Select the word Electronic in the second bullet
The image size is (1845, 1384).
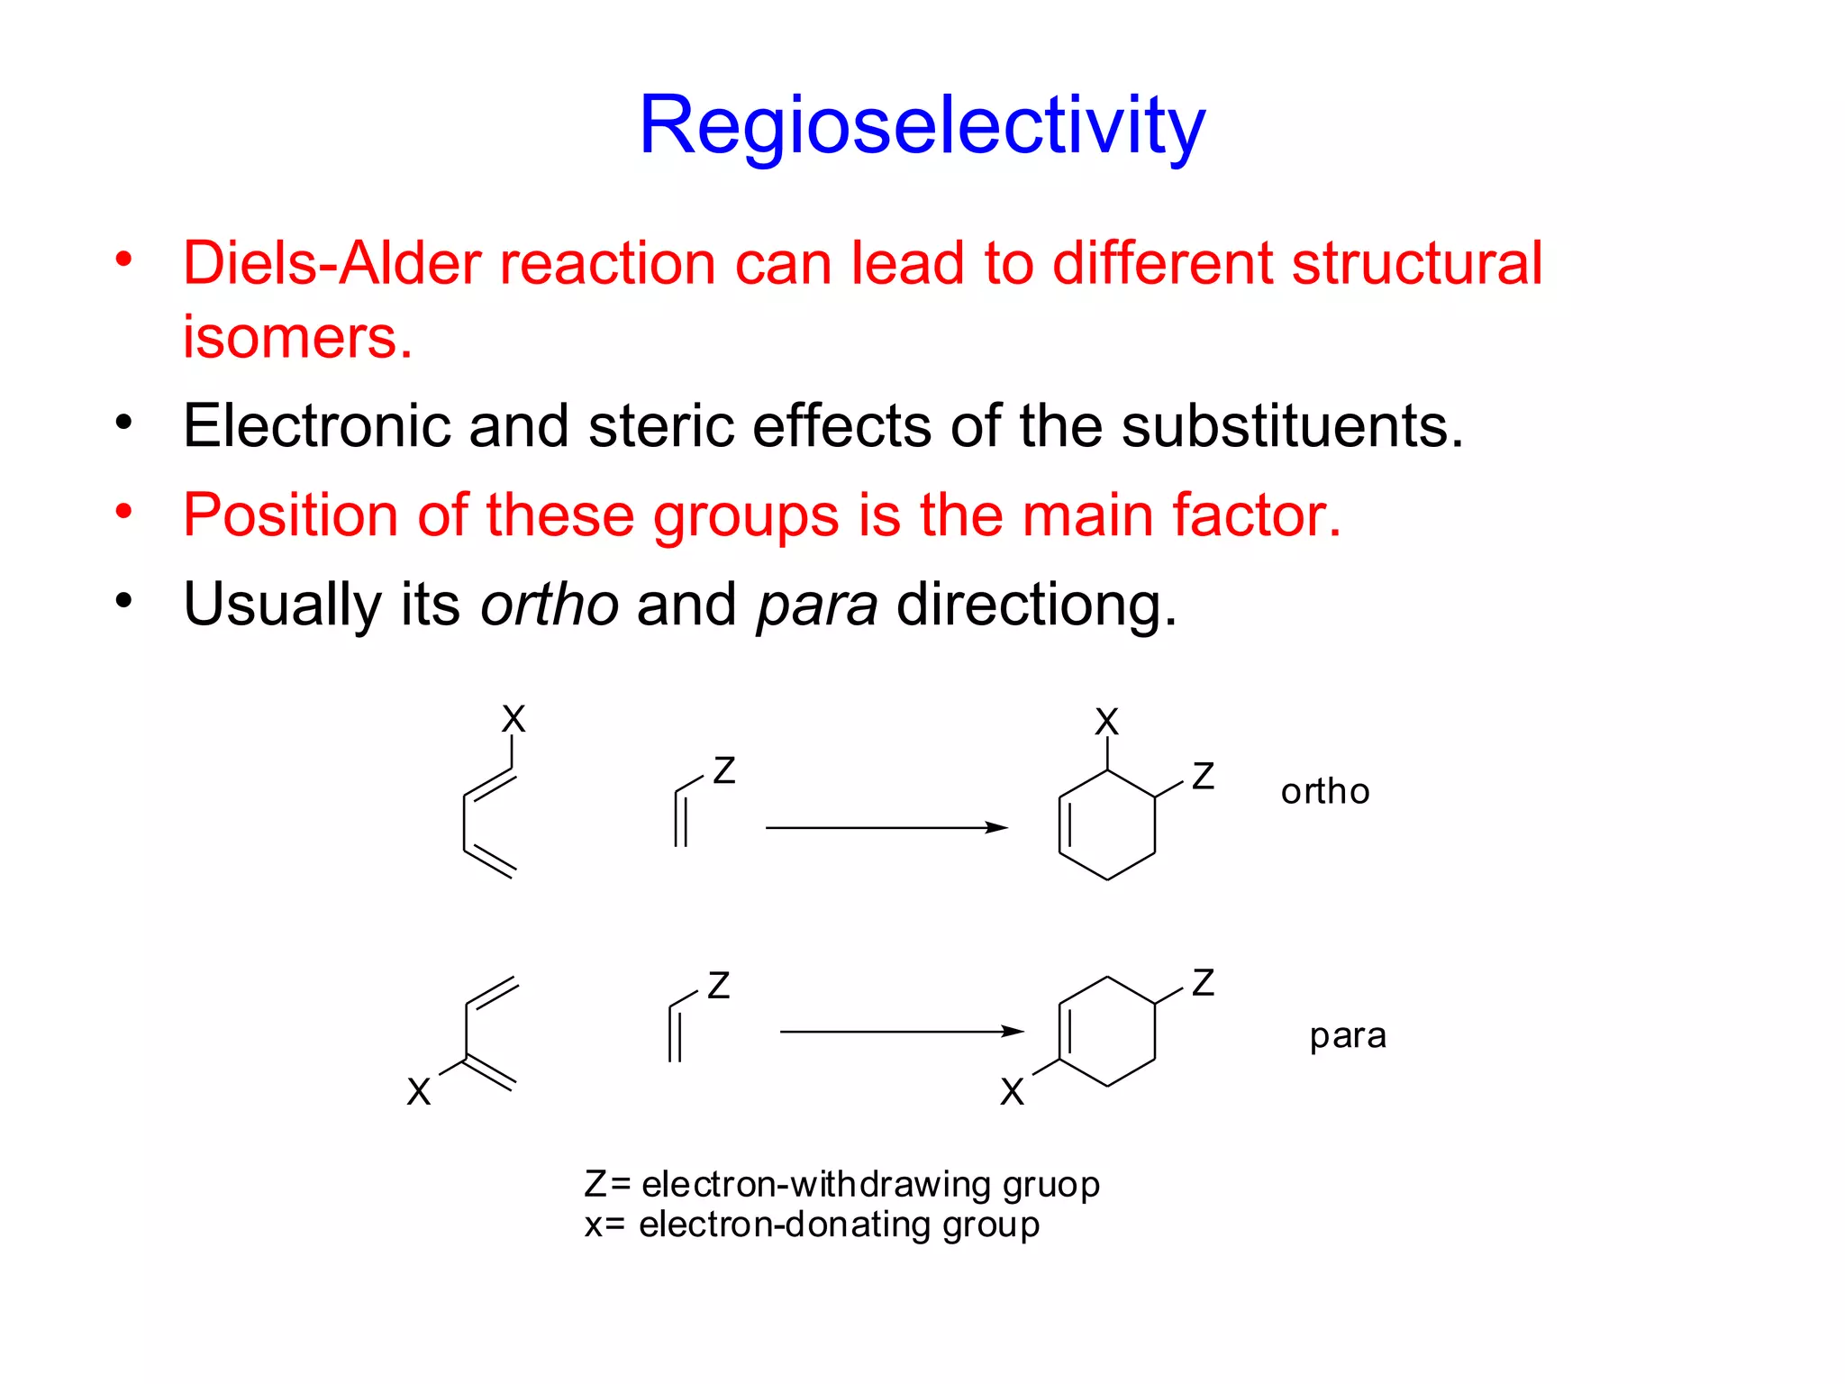click(x=316, y=425)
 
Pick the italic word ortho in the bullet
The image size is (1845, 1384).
click(x=549, y=604)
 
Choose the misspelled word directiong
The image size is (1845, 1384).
click(x=1036, y=605)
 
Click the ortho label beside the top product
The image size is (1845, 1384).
click(x=1324, y=791)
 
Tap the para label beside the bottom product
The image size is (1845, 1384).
click(x=1347, y=1035)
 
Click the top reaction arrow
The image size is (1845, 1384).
click(x=886, y=827)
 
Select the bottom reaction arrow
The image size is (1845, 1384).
click(x=901, y=1031)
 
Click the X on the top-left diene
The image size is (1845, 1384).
click(x=514, y=719)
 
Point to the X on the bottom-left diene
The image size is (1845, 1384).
click(x=419, y=1091)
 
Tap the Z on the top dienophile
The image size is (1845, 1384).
click(x=724, y=770)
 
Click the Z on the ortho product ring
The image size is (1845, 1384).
click(x=1203, y=776)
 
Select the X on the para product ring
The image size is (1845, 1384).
click(x=1012, y=1091)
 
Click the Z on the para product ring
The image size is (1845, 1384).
click(x=1203, y=982)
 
